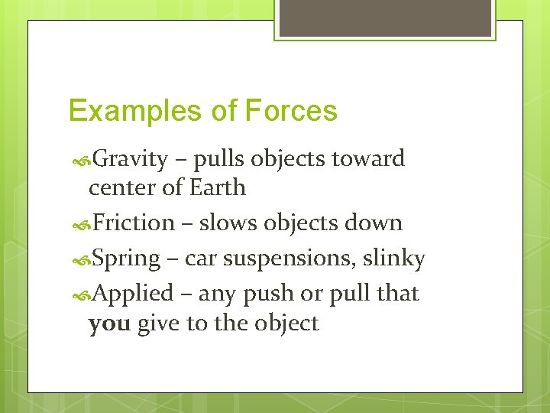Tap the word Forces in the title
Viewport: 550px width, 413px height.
click(291, 112)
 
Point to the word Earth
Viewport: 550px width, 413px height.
click(218, 187)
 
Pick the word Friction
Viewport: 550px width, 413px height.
click(134, 223)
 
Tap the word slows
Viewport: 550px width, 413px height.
click(228, 223)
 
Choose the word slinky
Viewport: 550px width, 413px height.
click(393, 259)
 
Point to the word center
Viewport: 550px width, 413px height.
click(117, 187)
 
